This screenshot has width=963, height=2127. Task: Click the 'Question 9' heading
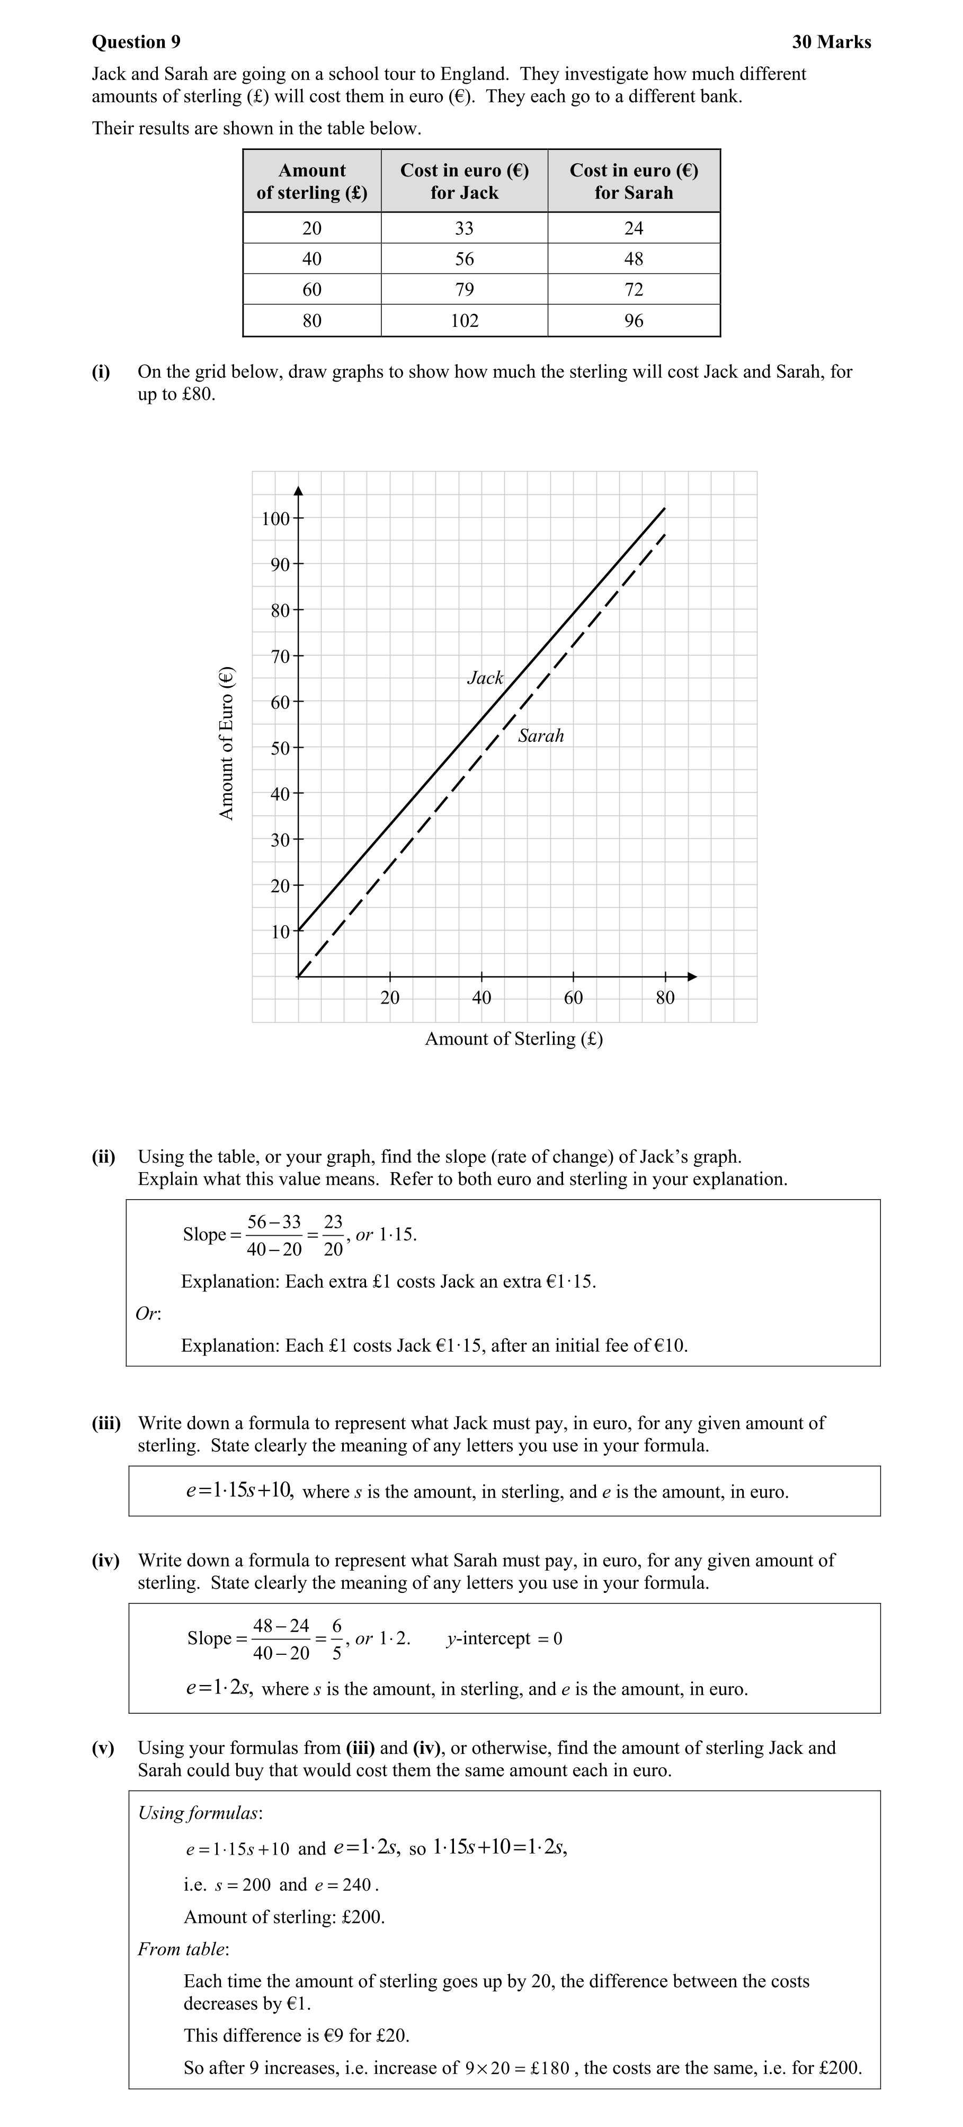(x=136, y=42)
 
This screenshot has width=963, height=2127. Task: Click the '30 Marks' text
(x=831, y=42)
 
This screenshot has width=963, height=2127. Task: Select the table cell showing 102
(x=465, y=321)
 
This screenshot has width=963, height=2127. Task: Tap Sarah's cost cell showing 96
(x=634, y=321)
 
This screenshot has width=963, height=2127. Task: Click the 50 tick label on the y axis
(x=281, y=748)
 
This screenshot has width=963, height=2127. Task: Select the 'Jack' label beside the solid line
(x=485, y=678)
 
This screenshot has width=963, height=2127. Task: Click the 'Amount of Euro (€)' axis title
(x=226, y=742)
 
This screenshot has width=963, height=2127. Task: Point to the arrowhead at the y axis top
(x=299, y=490)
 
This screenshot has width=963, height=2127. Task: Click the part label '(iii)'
(x=105, y=1423)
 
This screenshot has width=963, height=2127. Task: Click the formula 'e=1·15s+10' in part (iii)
(x=239, y=1491)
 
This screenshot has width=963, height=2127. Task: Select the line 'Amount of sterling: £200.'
(x=284, y=1917)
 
